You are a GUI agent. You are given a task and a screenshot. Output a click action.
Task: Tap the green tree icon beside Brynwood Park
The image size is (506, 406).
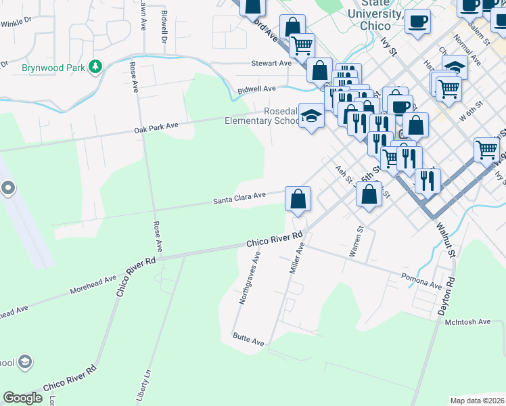[97, 66]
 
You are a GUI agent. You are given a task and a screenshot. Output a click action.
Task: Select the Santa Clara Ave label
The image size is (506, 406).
[240, 198]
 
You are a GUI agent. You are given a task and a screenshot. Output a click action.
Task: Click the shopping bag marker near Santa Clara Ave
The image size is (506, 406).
[298, 199]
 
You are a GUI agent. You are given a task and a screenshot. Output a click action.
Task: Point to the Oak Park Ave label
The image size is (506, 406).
[156, 126]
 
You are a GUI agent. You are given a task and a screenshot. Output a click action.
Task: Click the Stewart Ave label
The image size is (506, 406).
[271, 64]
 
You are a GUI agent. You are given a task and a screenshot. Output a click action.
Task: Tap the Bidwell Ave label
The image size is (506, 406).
[256, 89]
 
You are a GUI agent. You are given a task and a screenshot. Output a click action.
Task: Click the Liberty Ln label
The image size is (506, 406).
[141, 386]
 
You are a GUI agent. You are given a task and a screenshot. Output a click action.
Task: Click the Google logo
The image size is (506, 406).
[22, 398]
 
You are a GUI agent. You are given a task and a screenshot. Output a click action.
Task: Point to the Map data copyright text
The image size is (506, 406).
[478, 401]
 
